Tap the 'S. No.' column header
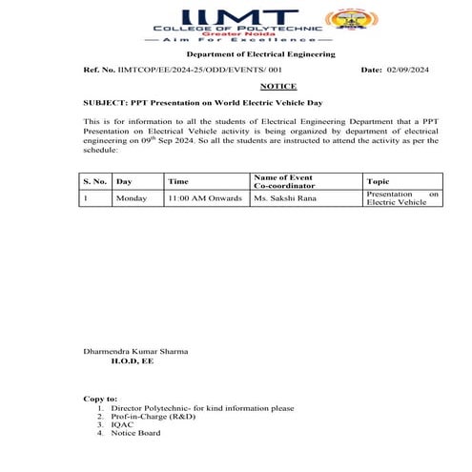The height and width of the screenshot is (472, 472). pos(93,180)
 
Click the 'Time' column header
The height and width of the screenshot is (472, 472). pos(178,180)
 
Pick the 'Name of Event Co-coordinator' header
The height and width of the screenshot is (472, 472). pos(284,180)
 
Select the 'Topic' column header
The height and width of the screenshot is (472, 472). pos(378,180)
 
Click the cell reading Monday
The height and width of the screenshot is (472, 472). pos(131,198)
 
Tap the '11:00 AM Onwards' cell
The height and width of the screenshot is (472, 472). pos(201,198)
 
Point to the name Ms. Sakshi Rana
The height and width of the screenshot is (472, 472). pos(284,198)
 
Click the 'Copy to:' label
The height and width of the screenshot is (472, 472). pos(101,399)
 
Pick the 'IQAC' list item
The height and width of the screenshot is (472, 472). pos(122,425)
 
